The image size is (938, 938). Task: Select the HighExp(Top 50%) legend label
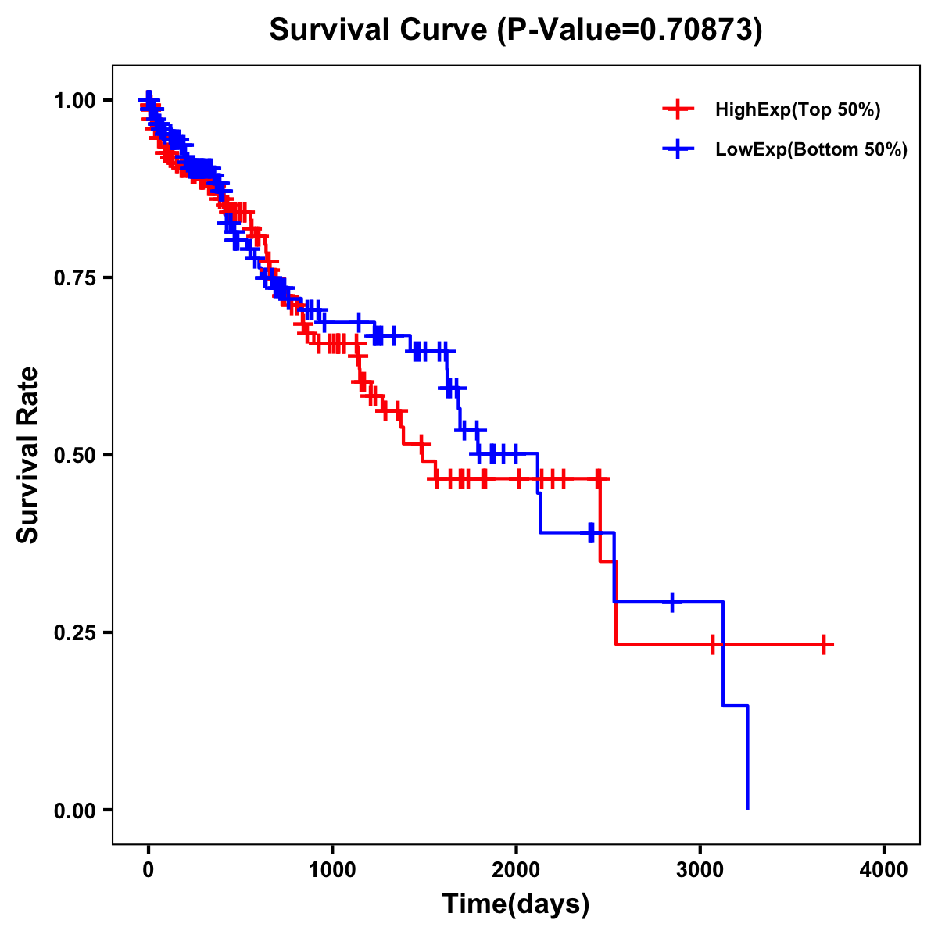797,110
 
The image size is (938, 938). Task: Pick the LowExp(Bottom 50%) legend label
811,150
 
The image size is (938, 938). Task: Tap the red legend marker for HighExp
678,109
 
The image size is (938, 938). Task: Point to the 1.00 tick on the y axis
75,101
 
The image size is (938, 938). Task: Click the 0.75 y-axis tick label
75,278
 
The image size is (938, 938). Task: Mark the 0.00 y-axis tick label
75,811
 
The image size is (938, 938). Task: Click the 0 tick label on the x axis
149,870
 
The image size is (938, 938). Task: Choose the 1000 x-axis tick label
332,870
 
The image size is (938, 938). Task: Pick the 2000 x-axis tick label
517,870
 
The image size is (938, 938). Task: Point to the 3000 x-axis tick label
700,870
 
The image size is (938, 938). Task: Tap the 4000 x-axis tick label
884,870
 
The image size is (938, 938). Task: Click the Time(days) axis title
516,904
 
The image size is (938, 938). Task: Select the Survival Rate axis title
28,455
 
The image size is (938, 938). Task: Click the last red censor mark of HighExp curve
824,644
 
